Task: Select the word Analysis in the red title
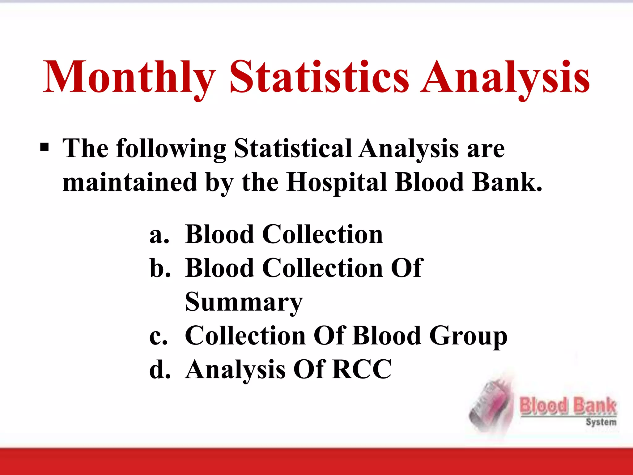click(x=505, y=77)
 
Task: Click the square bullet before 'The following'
click(x=45, y=148)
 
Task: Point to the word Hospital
click(x=337, y=182)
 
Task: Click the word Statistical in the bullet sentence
click(x=293, y=148)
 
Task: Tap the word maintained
click(x=130, y=182)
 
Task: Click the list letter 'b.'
click(x=160, y=268)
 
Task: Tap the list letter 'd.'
click(x=160, y=370)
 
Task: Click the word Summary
click(x=244, y=302)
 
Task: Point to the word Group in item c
click(x=469, y=336)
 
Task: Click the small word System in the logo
click(x=601, y=422)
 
